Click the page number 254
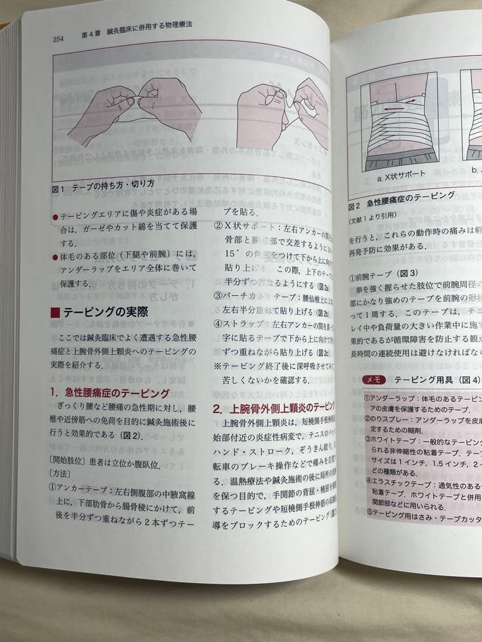pyautogui.click(x=58, y=39)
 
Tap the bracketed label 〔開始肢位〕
pyautogui.click(x=70, y=448)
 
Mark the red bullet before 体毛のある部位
pyautogui.click(x=55, y=257)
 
